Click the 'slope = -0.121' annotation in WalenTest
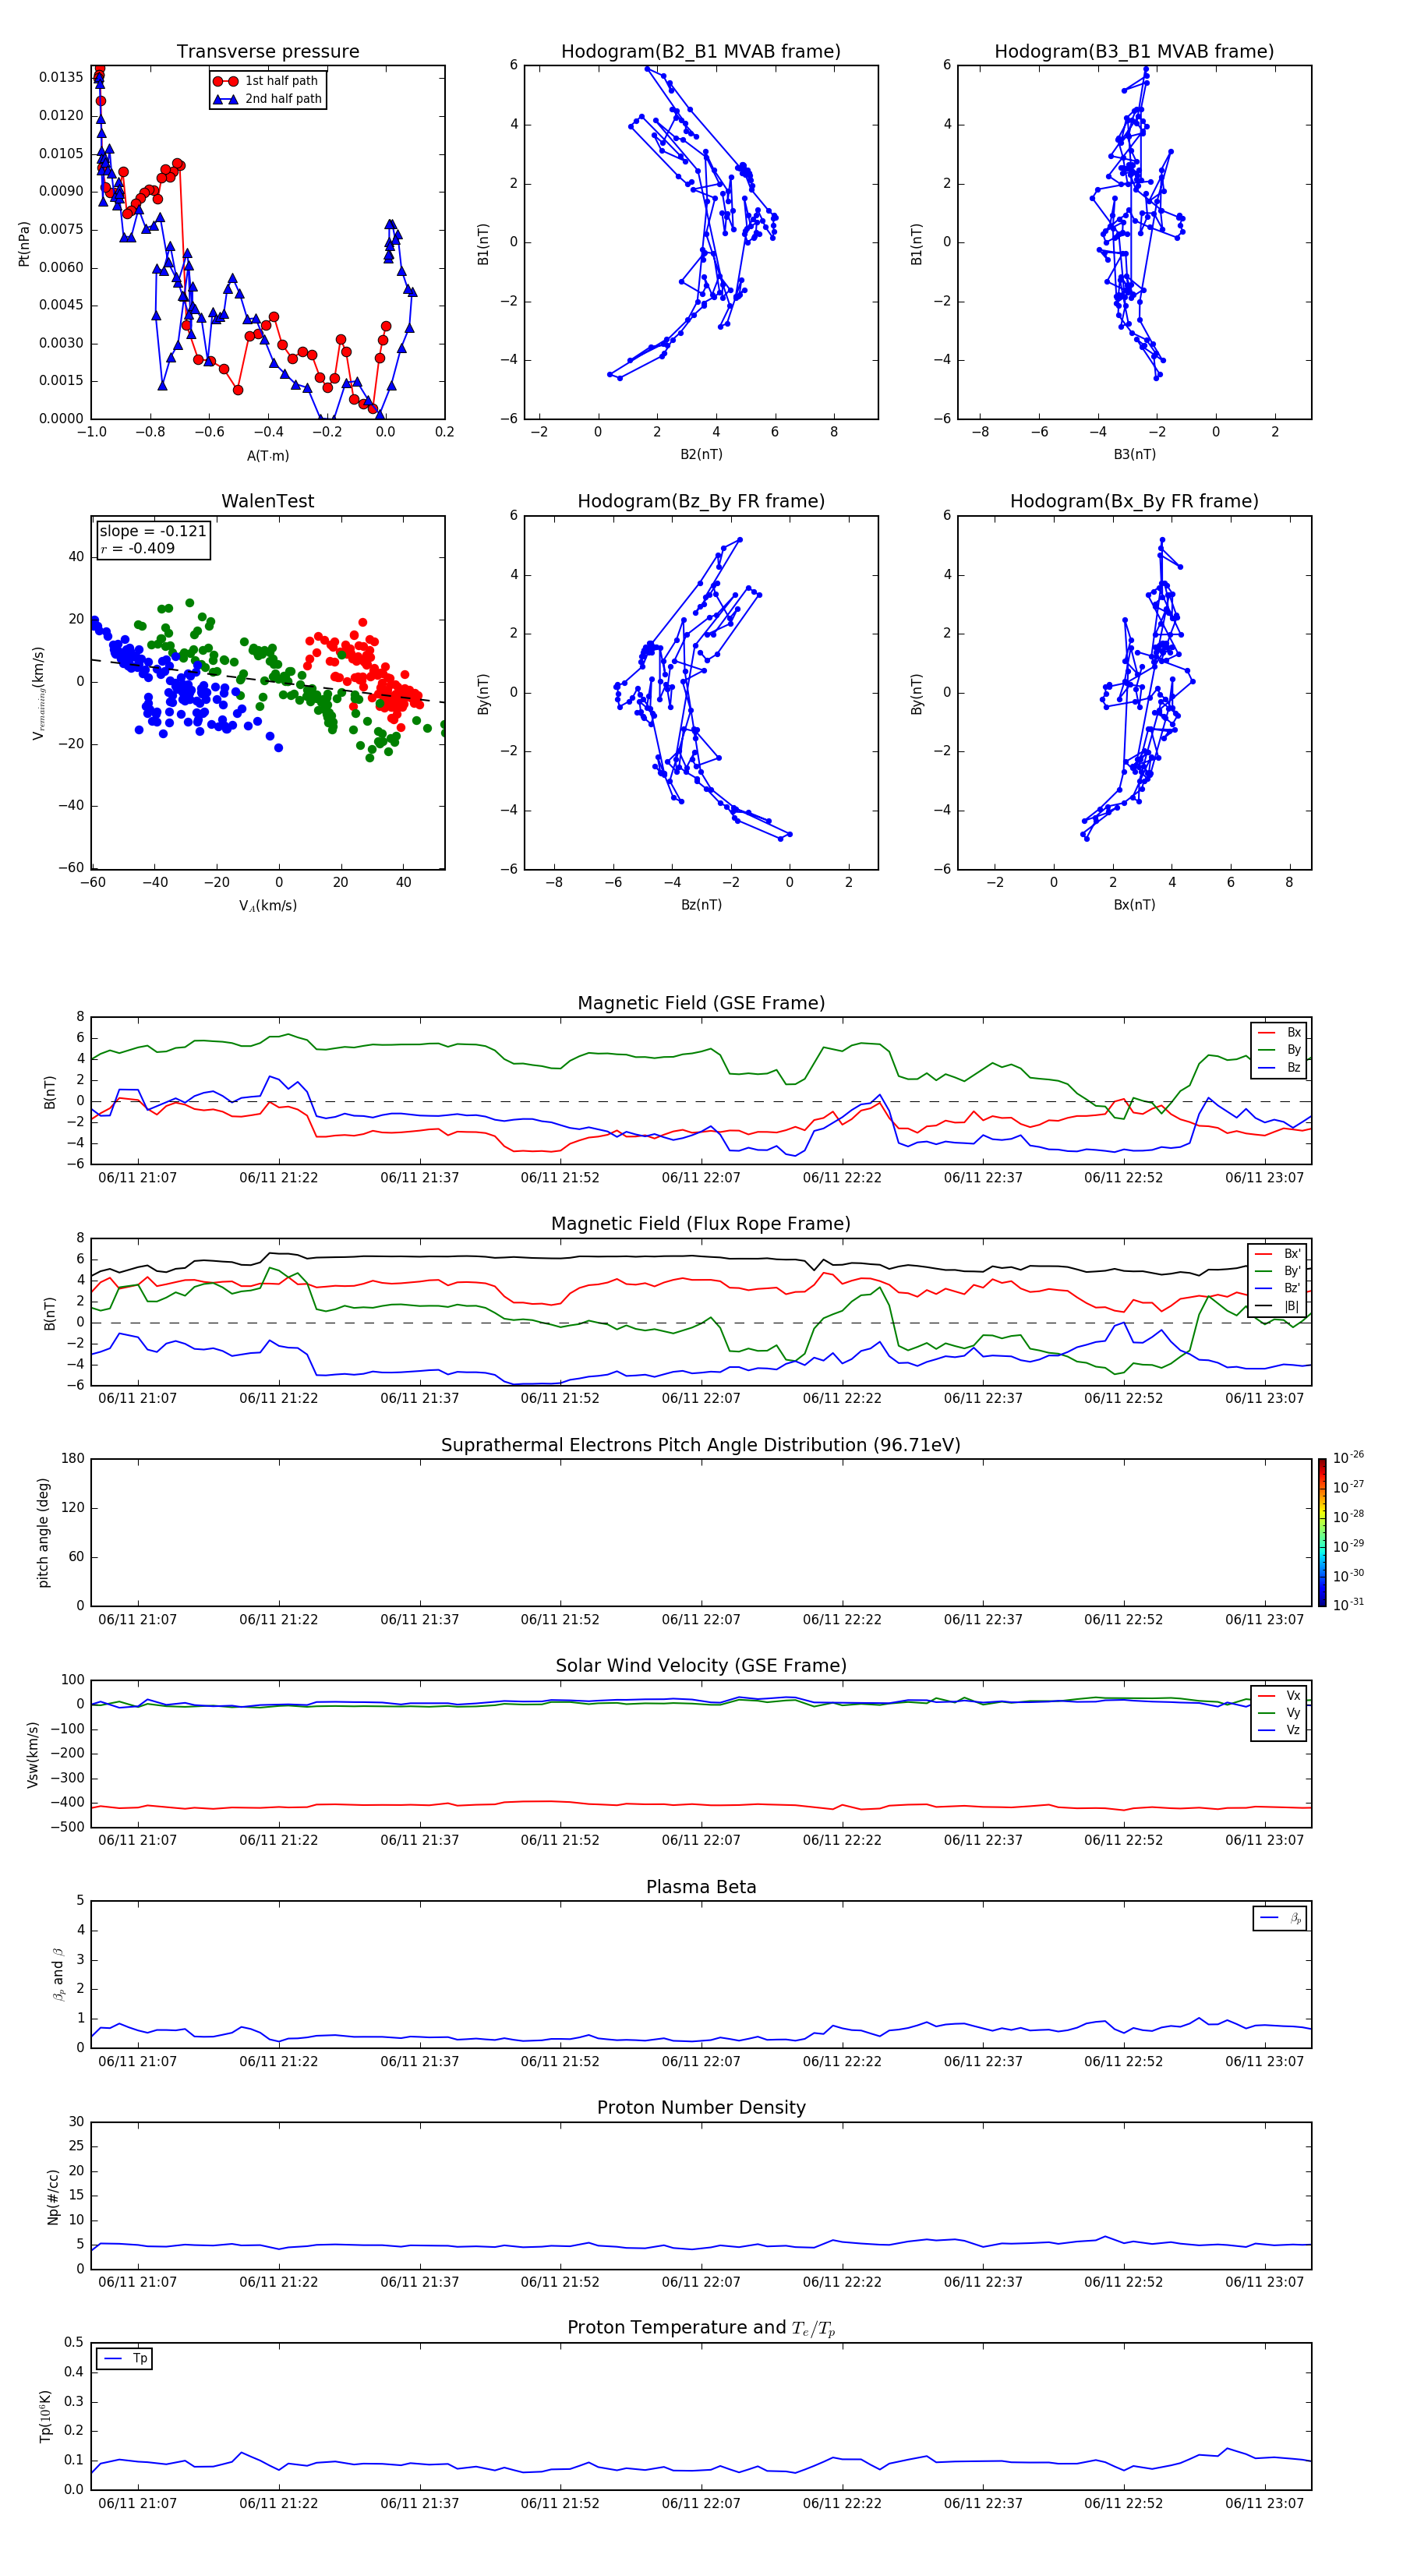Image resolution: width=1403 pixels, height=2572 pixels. (153, 532)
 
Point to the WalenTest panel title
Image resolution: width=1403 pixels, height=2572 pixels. (267, 501)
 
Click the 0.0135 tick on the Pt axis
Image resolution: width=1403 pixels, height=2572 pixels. (61, 78)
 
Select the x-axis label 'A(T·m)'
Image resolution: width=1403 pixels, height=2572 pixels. (267, 456)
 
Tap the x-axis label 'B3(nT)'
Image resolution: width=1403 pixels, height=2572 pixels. (1134, 454)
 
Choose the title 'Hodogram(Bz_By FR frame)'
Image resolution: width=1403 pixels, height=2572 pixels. (700, 501)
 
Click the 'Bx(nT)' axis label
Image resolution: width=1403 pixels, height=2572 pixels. (1134, 905)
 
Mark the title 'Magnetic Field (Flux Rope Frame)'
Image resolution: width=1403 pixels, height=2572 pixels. (700, 1224)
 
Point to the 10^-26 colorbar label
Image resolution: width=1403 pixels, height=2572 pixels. (1348, 1457)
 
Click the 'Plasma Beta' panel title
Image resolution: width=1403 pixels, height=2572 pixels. (700, 1887)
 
